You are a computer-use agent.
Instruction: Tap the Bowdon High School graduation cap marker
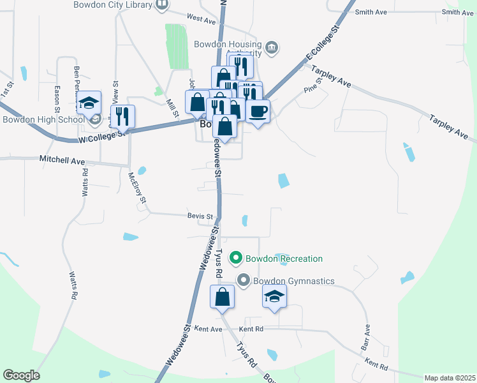point(89,102)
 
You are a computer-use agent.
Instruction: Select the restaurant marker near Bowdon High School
point(122,117)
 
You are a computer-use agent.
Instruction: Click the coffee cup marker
point(257,111)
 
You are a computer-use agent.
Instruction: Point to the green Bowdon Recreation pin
point(235,259)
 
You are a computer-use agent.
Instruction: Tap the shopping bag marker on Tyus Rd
point(223,297)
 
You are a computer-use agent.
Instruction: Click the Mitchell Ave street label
point(62,159)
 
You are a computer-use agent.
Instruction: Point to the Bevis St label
point(200,216)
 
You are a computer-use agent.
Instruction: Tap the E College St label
point(325,43)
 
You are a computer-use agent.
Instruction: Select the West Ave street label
point(202,20)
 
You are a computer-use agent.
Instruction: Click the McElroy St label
point(138,188)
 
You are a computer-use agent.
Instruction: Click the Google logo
point(21,375)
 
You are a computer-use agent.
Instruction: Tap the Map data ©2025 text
point(449,378)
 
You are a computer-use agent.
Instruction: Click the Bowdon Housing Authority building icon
point(272,47)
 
